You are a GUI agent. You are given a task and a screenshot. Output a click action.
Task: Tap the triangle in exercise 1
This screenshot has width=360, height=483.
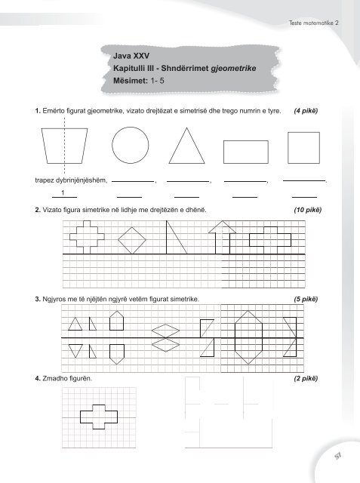pyautogui.click(x=187, y=146)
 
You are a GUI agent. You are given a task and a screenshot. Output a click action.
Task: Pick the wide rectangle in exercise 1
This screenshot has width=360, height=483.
pyautogui.click(x=245, y=151)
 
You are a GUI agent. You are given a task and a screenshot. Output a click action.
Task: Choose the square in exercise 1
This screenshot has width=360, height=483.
pyautogui.click(x=306, y=146)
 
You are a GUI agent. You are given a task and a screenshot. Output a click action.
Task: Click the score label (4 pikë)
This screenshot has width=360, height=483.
pyautogui.click(x=304, y=112)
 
